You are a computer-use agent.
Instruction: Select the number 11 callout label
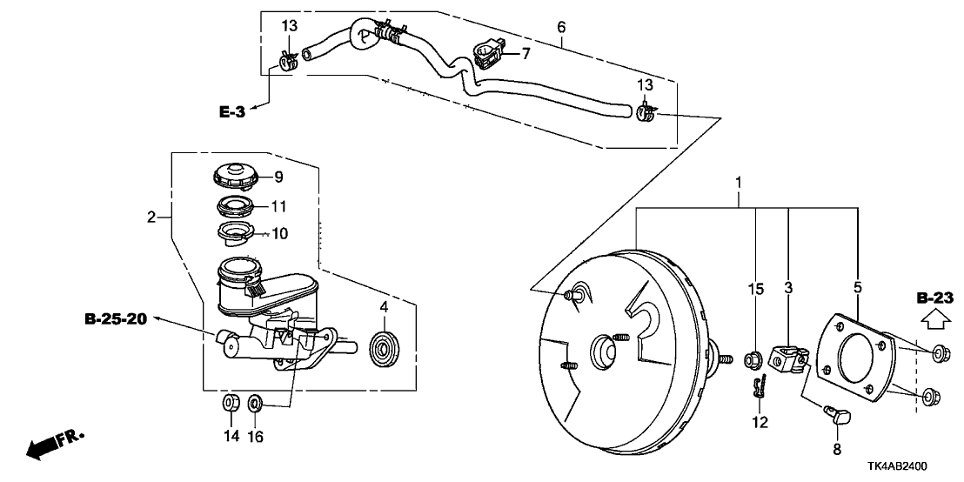(x=279, y=206)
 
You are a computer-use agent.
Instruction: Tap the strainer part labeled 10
(x=237, y=234)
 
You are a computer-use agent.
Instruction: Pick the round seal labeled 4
(x=385, y=347)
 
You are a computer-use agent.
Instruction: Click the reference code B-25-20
(x=116, y=319)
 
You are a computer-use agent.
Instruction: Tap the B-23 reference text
(x=934, y=298)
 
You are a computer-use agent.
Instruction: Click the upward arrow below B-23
(x=934, y=318)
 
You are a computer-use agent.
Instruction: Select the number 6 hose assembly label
(x=561, y=27)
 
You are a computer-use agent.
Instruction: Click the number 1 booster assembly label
(x=739, y=182)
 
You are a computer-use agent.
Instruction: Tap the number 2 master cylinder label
(x=150, y=217)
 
